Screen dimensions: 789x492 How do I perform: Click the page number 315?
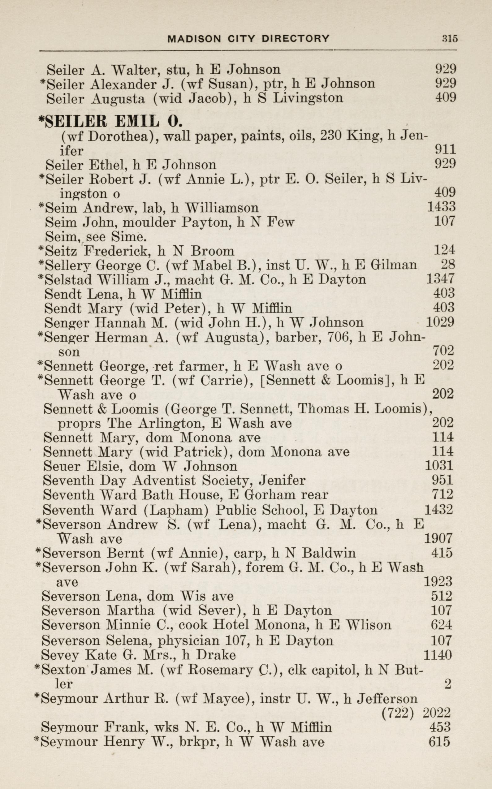449,39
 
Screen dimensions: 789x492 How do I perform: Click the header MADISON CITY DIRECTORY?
248,39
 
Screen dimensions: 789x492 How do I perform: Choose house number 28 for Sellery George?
447,265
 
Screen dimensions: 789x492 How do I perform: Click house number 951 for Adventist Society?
442,480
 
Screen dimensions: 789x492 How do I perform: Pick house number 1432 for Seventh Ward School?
439,509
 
